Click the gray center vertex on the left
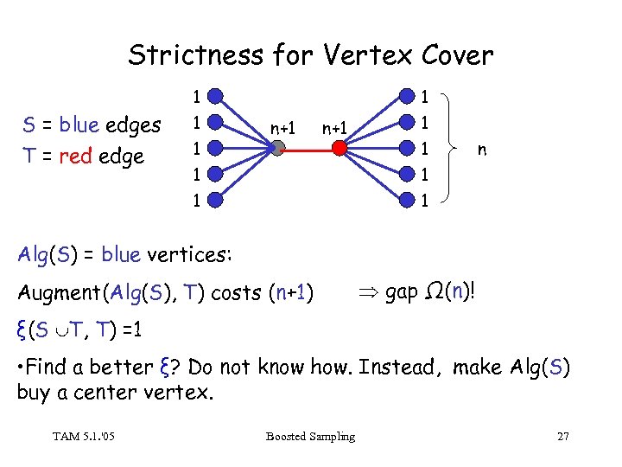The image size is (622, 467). click(x=276, y=148)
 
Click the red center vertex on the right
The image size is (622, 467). click(x=340, y=148)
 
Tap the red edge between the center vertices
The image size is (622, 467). click(x=308, y=148)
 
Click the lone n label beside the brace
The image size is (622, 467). click(x=482, y=150)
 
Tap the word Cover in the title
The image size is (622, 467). click(x=458, y=55)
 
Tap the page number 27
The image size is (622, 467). click(x=562, y=436)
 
